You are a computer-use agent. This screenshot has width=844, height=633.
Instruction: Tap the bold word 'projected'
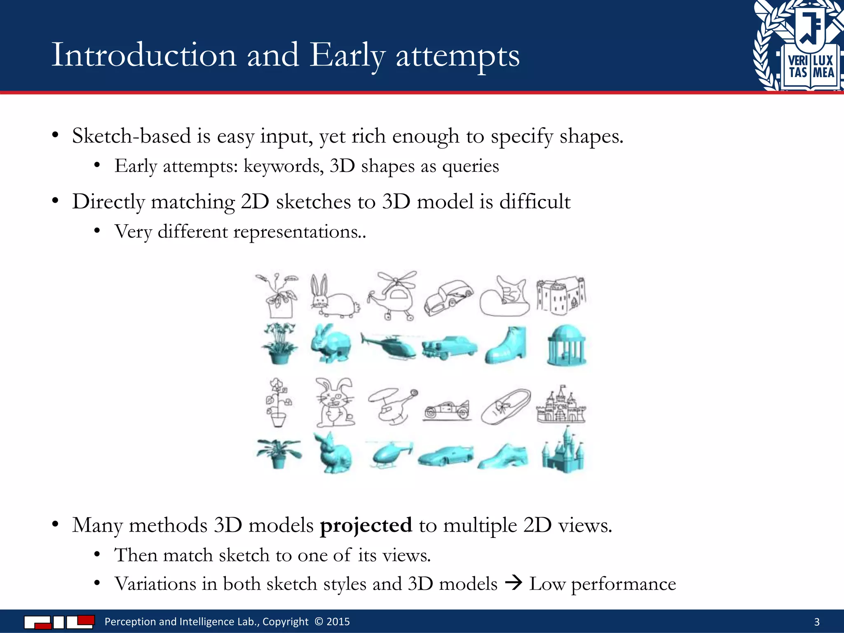pyautogui.click(x=366, y=525)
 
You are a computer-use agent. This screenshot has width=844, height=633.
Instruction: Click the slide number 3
pyautogui.click(x=817, y=622)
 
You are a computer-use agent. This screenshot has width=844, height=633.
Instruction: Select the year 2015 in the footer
pyautogui.click(x=338, y=621)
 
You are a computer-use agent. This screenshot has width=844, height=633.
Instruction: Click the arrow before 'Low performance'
pyautogui.click(x=513, y=583)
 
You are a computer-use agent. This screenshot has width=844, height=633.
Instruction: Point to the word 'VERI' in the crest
pyautogui.click(x=798, y=61)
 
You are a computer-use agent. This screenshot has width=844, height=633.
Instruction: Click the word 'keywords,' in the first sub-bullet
pyautogui.click(x=284, y=166)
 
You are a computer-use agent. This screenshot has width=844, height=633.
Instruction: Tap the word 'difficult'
pyautogui.click(x=535, y=202)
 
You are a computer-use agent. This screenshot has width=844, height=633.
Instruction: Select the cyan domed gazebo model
pyautogui.click(x=566, y=345)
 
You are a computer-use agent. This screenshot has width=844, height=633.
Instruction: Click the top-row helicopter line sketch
pyautogui.click(x=392, y=295)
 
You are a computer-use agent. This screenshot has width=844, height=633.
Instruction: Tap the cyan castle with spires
pyautogui.click(x=563, y=452)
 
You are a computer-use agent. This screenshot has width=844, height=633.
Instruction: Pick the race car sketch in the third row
pyautogui.click(x=447, y=410)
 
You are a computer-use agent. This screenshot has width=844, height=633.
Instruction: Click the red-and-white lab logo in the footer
pyautogui.click(x=59, y=621)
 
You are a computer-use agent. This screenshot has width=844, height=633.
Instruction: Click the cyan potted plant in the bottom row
pyautogui.click(x=279, y=453)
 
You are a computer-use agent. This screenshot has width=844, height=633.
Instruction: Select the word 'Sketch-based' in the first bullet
pyautogui.click(x=131, y=136)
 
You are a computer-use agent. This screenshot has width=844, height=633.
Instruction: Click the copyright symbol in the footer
pyautogui.click(x=319, y=621)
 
